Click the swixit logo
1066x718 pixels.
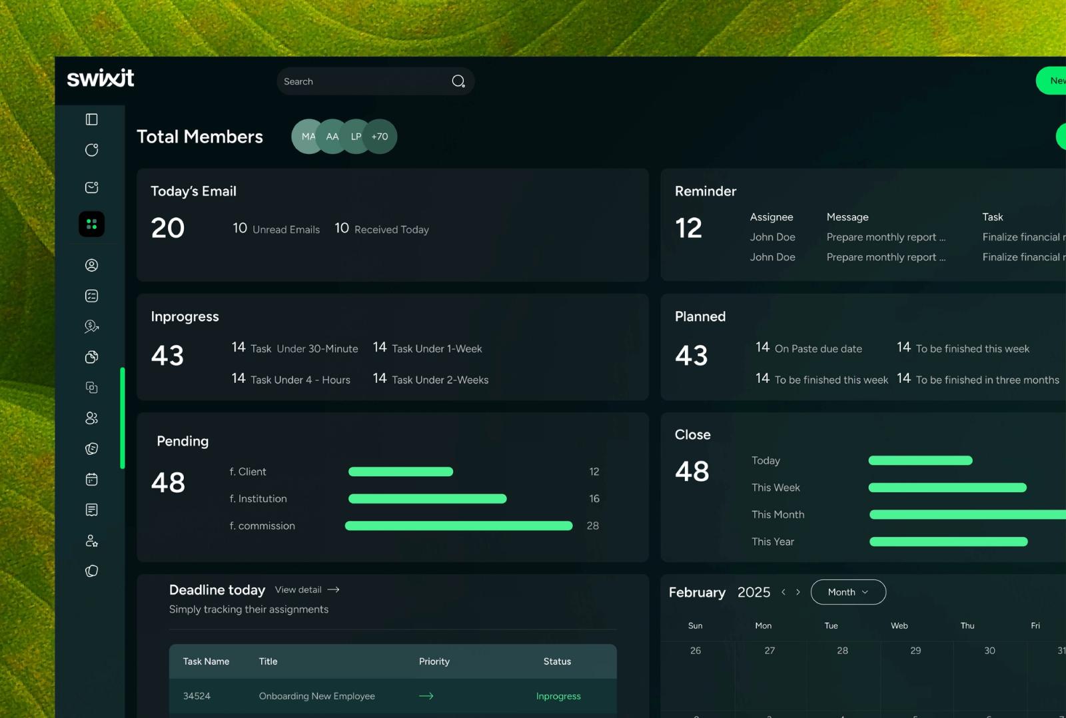pyautogui.click(x=101, y=78)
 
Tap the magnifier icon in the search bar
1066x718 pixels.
pyautogui.click(x=458, y=81)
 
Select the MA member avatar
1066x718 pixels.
pyautogui.click(x=308, y=137)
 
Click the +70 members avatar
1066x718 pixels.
pyautogui.click(x=380, y=137)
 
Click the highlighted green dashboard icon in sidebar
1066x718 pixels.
pyautogui.click(x=92, y=224)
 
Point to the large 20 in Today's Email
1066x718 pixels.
pyautogui.click(x=167, y=228)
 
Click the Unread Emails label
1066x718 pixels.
pyautogui.click(x=286, y=229)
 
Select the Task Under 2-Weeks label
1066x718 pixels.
pyautogui.click(x=440, y=380)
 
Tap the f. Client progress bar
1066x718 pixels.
pyautogui.click(x=400, y=472)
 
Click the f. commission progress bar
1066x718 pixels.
pyautogui.click(x=459, y=526)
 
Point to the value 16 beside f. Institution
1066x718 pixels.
pyautogui.click(x=594, y=499)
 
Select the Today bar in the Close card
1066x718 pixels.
pyautogui.click(x=920, y=460)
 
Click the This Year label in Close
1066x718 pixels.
pyautogui.click(x=773, y=541)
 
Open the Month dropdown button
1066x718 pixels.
pyautogui.click(x=849, y=592)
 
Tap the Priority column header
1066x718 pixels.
pyautogui.click(x=434, y=661)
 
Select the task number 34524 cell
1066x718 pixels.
pyautogui.click(x=197, y=695)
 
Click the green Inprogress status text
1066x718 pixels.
pyautogui.click(x=558, y=696)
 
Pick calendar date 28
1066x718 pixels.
pyautogui.click(x=842, y=651)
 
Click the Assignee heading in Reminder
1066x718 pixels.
pyautogui.click(x=772, y=217)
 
